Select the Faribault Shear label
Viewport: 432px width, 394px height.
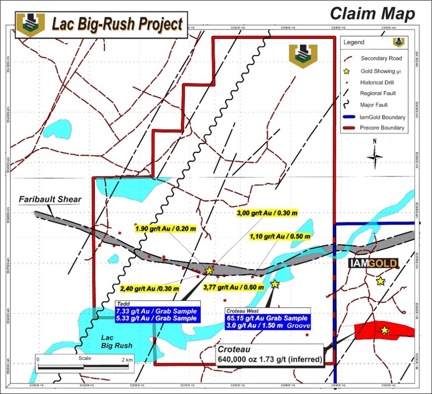[x=50, y=200]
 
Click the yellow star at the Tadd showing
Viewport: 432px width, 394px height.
[x=209, y=270]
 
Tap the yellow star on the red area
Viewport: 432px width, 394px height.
[x=384, y=330]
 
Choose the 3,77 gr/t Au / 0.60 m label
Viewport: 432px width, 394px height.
[x=233, y=287]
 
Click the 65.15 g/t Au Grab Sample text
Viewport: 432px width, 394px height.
[x=266, y=319]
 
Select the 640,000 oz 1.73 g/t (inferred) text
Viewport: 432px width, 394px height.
[x=269, y=359]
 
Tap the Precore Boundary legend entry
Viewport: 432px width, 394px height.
[x=382, y=128]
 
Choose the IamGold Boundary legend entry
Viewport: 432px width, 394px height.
[x=382, y=117]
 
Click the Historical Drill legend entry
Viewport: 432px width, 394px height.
[x=377, y=82]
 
